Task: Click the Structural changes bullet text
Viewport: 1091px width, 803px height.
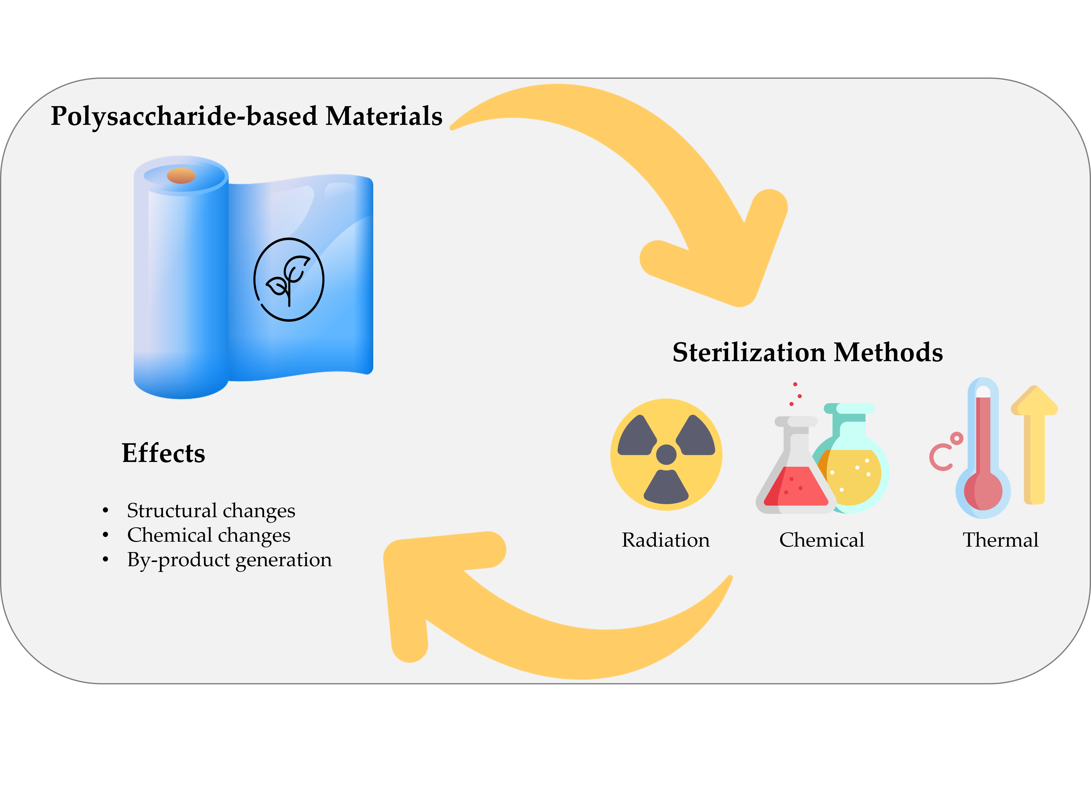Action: (x=211, y=510)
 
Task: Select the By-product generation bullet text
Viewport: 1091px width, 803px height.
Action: (x=229, y=560)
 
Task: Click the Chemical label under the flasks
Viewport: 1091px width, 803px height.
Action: (x=822, y=540)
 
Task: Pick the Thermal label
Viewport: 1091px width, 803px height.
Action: (x=1001, y=540)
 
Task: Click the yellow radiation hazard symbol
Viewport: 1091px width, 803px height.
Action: (x=666, y=455)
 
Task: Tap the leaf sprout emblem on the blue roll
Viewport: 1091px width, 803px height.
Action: (x=289, y=279)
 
